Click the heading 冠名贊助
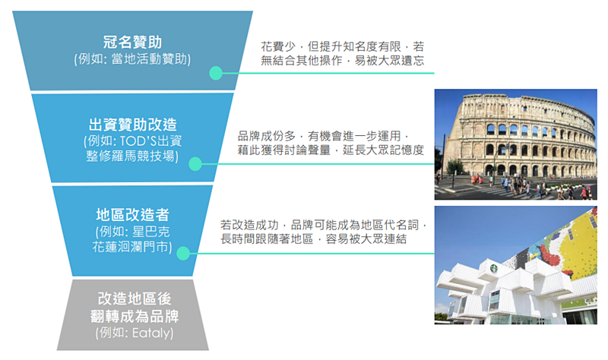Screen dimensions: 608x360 click(132, 43)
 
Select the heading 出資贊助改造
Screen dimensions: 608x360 click(132, 125)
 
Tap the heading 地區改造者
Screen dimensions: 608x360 click(132, 215)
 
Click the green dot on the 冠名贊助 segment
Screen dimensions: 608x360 click(216, 73)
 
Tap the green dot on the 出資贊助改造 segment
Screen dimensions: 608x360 click(195, 164)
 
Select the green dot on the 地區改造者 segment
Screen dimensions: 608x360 click(183, 254)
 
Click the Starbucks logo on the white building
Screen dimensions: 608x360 click(493, 268)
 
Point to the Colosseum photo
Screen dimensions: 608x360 click(516, 144)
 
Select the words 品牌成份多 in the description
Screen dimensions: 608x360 click(267, 136)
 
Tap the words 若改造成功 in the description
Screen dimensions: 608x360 click(249, 225)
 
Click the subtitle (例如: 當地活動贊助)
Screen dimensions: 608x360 click(132, 59)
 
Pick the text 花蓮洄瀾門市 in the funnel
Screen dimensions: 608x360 click(132, 247)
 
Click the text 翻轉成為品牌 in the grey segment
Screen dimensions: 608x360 click(135, 317)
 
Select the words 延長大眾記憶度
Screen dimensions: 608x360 click(383, 150)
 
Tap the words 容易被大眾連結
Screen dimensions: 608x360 click(366, 239)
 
